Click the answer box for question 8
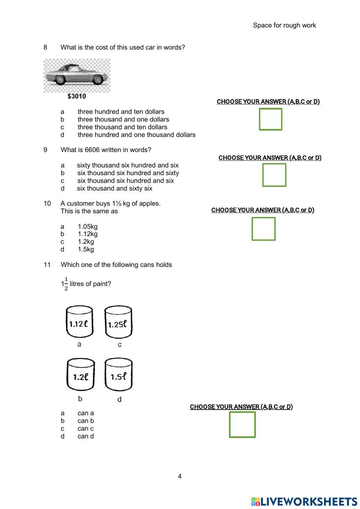pos(270,119)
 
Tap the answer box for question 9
pos(274,175)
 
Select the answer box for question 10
pos(264,229)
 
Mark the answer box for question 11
pos(242,425)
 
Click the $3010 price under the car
pos(77,96)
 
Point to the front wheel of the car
pos(97,80)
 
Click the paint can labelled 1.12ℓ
pos(79,322)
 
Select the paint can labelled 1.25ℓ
pos(118,322)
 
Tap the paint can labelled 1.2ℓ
pos(81,375)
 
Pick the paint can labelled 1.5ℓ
pos(118,375)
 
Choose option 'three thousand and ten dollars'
pos(122,127)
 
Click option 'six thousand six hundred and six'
pos(125,181)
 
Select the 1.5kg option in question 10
pos(86,249)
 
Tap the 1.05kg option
pos(87,227)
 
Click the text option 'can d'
pos(86,436)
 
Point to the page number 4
pos(180,476)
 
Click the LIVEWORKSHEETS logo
pos(304,501)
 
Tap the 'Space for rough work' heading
pos(284,25)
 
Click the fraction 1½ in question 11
pos(64,284)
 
